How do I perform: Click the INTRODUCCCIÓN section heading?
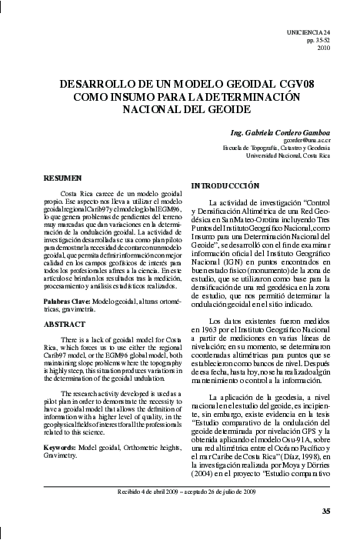point(225,186)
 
